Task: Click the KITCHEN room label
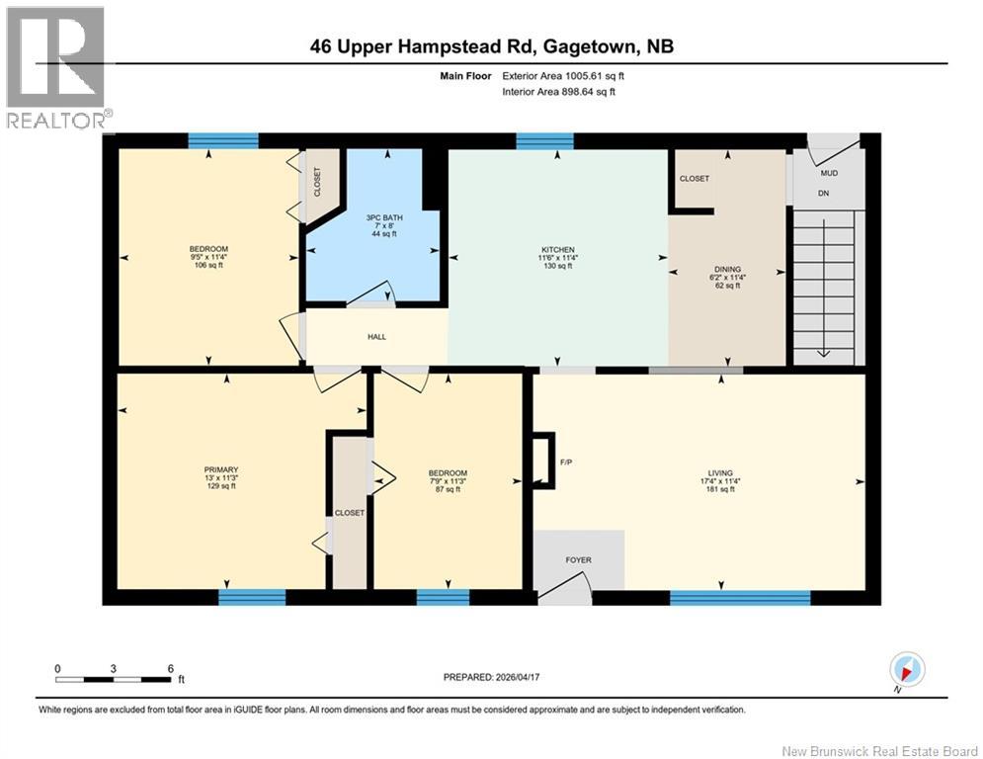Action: click(558, 250)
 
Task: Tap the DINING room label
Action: click(727, 269)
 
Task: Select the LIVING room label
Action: click(720, 473)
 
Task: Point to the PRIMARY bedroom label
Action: click(221, 469)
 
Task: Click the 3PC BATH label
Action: click(384, 217)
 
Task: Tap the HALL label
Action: click(376, 337)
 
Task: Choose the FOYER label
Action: click(578, 560)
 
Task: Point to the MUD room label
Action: click(829, 173)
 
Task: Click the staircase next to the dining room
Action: click(824, 288)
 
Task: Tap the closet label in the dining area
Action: click(694, 179)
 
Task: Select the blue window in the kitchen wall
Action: click(544, 140)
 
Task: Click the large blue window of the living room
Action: click(740, 598)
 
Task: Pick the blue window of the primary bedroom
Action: click(252, 597)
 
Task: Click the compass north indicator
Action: click(907, 669)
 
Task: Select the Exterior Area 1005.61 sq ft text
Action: click(563, 76)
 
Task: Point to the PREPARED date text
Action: click(492, 677)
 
